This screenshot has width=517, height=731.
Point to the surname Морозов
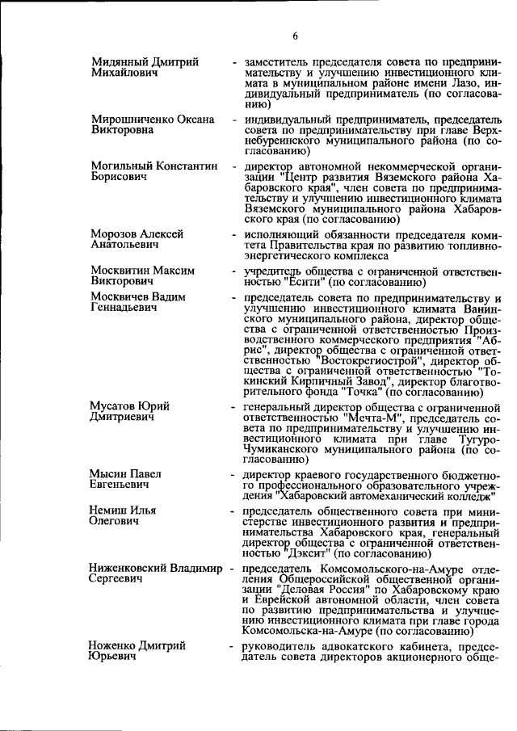(x=119, y=234)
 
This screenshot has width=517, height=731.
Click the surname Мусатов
(x=119, y=405)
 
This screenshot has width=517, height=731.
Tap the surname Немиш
(x=111, y=510)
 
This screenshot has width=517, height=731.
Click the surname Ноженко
(x=116, y=646)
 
